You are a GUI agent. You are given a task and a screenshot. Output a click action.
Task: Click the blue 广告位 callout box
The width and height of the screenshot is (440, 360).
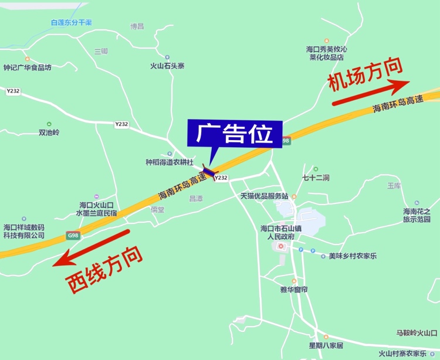click(x=234, y=134)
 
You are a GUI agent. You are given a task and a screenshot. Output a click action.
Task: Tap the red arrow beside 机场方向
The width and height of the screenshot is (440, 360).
click(x=370, y=93)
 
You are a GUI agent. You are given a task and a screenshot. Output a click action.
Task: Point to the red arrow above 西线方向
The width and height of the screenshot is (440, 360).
click(x=91, y=247)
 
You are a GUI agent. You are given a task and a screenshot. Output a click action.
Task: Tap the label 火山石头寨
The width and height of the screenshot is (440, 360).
click(x=167, y=66)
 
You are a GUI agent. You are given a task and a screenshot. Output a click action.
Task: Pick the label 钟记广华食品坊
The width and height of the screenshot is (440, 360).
click(x=28, y=67)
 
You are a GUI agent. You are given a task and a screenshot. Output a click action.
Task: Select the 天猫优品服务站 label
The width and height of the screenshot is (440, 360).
click(x=264, y=196)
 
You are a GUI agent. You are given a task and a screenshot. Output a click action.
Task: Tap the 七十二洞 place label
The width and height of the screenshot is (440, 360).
click(x=316, y=177)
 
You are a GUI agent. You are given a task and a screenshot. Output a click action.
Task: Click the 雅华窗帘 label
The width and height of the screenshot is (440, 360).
click(x=295, y=290)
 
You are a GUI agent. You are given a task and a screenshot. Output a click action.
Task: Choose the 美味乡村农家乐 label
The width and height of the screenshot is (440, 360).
click(x=353, y=256)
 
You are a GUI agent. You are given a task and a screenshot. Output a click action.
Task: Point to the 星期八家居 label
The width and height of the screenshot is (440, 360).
click(x=326, y=345)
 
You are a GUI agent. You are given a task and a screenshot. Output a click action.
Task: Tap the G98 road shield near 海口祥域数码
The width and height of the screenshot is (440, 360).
click(x=73, y=235)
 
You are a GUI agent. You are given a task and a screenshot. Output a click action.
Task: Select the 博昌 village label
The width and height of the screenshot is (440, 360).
click(x=137, y=26)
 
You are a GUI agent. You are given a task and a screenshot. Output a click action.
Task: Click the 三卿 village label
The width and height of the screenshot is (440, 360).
click(x=101, y=52)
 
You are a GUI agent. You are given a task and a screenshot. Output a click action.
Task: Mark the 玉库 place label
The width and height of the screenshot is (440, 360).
click(x=394, y=185)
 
